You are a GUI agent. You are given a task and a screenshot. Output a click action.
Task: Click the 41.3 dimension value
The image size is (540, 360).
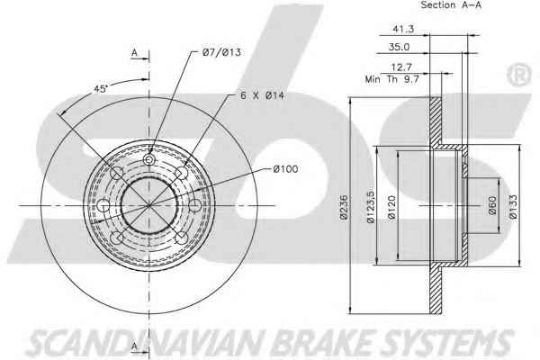click(403, 29)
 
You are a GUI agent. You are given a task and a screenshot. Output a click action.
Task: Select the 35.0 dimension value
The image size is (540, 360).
click(399, 47)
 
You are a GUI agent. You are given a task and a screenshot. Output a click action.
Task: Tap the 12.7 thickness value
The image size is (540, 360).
click(401, 67)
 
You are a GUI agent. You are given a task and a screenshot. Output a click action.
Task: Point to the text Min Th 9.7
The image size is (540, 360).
click(391, 79)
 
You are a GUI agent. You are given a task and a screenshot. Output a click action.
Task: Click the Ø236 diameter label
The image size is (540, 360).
click(344, 207)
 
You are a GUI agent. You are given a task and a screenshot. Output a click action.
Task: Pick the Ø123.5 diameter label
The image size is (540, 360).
click(370, 207)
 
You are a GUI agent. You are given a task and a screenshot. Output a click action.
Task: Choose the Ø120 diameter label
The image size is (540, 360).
click(391, 207)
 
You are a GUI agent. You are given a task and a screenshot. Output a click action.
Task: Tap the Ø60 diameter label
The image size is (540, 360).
click(492, 205)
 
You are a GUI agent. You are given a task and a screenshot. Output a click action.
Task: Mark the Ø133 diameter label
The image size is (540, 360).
click(513, 207)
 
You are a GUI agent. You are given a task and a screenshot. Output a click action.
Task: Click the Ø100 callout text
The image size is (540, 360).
click(285, 169)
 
